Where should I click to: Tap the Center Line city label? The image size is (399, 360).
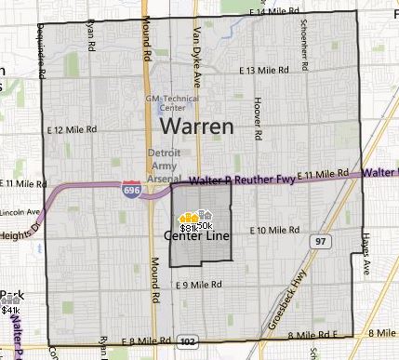pos(194,237)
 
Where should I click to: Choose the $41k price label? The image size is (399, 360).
pos(10,311)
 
